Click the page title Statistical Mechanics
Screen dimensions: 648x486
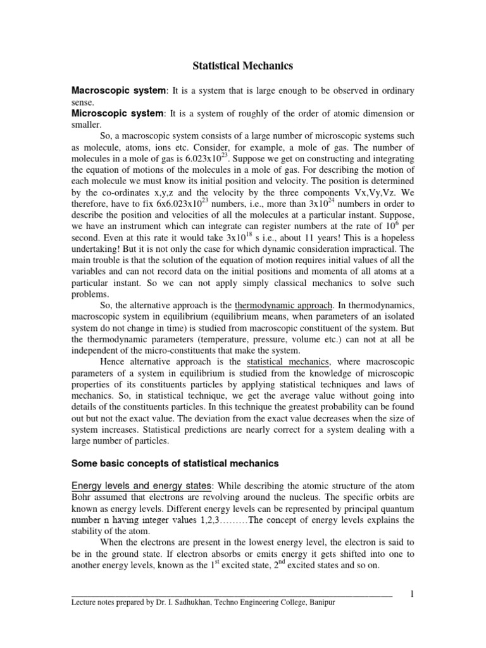pyautogui.click(x=242, y=65)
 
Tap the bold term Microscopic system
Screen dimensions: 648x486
pyautogui.click(x=116, y=113)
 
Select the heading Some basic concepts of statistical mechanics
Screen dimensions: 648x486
pyautogui.click(x=175, y=463)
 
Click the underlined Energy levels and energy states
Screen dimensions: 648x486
pyautogui.click(x=142, y=486)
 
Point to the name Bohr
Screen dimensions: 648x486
pyautogui.click(x=81, y=497)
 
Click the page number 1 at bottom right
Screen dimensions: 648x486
pyautogui.click(x=412, y=594)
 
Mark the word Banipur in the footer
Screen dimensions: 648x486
pyautogui.click(x=319, y=603)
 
